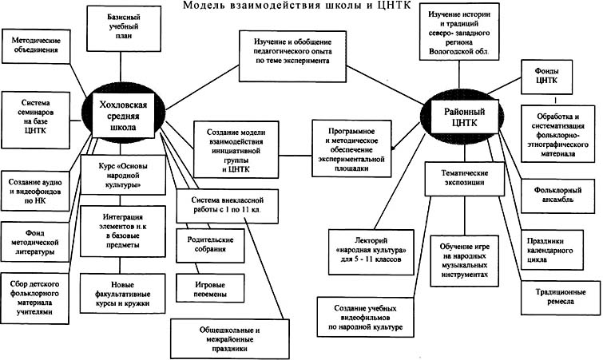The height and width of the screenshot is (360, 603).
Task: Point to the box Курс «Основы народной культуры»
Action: [x=118, y=173]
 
